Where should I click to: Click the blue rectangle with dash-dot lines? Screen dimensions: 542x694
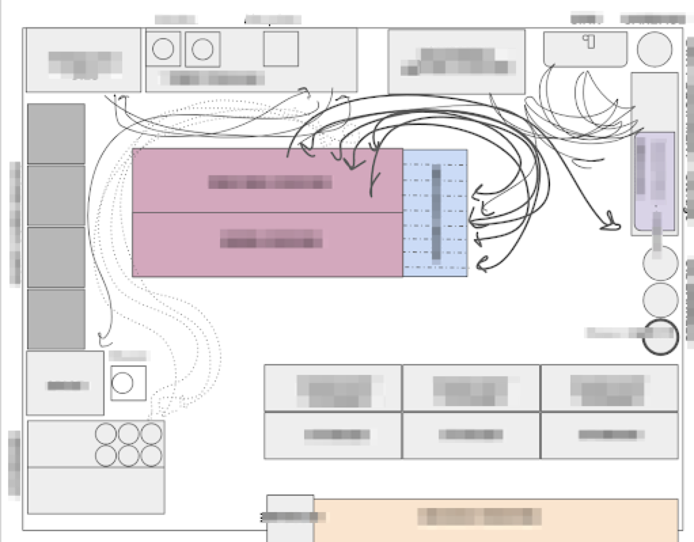tap(435, 213)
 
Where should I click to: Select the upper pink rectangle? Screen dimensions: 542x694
tap(267, 180)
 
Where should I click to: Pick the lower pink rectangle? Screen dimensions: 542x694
tap(267, 244)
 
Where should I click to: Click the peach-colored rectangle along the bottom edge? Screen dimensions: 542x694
tap(496, 519)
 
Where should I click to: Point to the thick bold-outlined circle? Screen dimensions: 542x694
tap(660, 336)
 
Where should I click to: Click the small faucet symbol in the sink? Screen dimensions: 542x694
tap(589, 41)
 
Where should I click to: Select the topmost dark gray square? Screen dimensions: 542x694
tap(56, 134)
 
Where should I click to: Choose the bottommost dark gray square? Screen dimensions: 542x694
tap(56, 319)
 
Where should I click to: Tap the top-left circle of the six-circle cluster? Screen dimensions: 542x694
tap(106, 433)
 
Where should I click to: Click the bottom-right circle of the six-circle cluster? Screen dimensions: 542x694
tap(151, 456)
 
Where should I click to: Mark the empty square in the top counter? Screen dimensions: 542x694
tap(280, 49)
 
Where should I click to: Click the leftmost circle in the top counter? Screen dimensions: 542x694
tap(163, 49)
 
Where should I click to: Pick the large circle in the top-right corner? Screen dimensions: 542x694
tap(655, 49)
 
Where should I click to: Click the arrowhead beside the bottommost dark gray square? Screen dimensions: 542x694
tap(104, 338)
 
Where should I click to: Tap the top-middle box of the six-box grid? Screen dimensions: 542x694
tap(471, 388)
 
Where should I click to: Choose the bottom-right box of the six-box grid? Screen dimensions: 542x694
tap(609, 435)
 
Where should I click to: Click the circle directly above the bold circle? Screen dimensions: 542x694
tap(660, 300)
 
